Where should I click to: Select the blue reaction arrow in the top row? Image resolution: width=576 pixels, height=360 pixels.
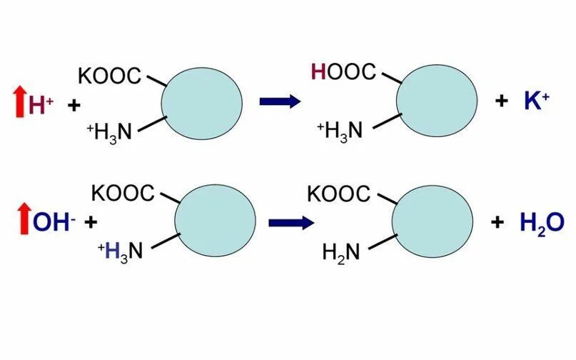[279, 101]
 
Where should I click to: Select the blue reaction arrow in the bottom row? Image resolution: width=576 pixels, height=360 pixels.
[290, 221]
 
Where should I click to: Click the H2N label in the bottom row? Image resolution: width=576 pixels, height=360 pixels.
[342, 251]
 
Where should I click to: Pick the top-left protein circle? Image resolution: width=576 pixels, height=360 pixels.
[201, 99]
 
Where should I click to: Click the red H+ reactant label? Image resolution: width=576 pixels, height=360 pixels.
[41, 106]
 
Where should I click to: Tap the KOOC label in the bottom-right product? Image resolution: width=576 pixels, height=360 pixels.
[338, 193]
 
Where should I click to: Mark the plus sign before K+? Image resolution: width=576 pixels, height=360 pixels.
[501, 101]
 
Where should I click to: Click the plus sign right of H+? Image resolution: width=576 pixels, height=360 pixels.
[74, 106]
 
